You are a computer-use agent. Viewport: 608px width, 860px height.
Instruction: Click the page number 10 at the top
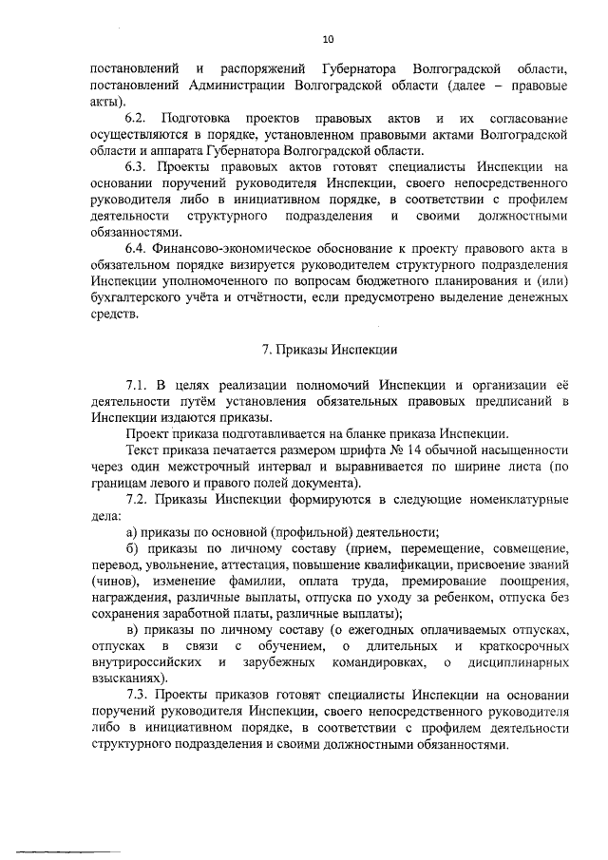point(329,39)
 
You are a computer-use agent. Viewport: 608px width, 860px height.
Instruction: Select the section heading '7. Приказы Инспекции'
point(330,349)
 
